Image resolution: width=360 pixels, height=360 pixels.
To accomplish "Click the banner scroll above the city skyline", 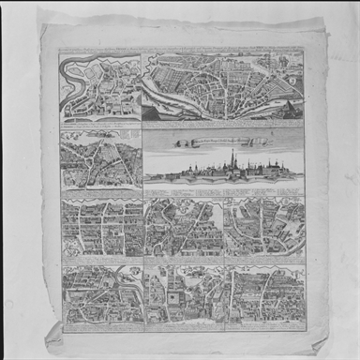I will tap(224, 142).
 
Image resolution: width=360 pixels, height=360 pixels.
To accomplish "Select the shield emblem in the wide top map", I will tap(293, 80).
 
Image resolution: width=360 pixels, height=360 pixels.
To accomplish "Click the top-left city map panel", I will tap(98, 86).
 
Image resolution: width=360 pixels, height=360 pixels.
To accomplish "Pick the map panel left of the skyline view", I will tap(99, 162).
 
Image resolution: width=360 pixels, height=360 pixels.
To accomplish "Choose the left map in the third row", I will tap(100, 230).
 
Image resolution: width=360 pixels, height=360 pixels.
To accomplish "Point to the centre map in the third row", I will tap(183, 230).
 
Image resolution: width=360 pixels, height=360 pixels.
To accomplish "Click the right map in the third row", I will tap(265, 230).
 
